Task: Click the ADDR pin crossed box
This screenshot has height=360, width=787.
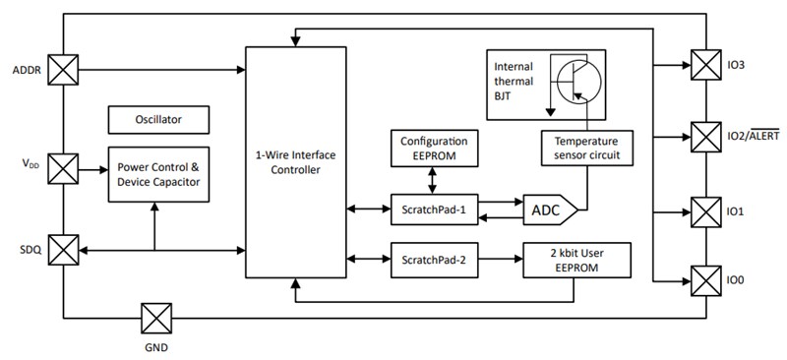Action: click(64, 70)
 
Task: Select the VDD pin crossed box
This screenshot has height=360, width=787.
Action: click(64, 168)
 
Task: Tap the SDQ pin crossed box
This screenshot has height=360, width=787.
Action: click(64, 251)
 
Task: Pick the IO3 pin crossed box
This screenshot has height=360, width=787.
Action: click(706, 66)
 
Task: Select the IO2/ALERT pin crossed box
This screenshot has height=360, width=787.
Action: click(706, 137)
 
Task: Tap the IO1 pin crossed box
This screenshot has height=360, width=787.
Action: click(706, 211)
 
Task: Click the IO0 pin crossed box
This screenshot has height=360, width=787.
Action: click(706, 280)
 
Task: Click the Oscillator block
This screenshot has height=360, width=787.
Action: click(158, 120)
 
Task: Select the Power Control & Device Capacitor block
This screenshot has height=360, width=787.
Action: click(158, 174)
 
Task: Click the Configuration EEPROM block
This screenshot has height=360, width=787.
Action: click(434, 148)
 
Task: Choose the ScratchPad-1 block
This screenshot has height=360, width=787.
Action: click(434, 209)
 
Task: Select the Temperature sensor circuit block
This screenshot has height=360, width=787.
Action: click(586, 148)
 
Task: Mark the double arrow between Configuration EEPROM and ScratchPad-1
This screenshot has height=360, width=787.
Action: click(434, 179)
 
